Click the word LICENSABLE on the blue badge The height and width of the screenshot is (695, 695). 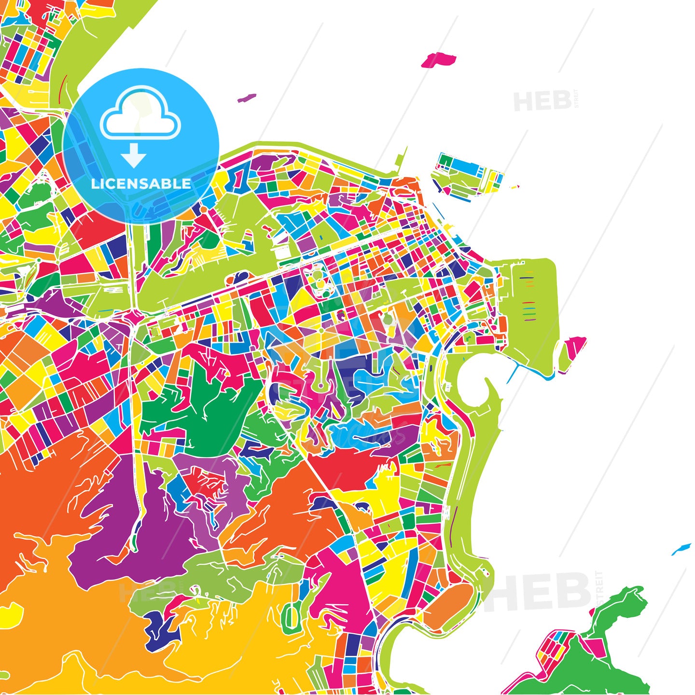141,184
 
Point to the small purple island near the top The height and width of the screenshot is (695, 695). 247,97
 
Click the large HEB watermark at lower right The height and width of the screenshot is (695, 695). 541,592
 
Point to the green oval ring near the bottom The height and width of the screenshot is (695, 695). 291,618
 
